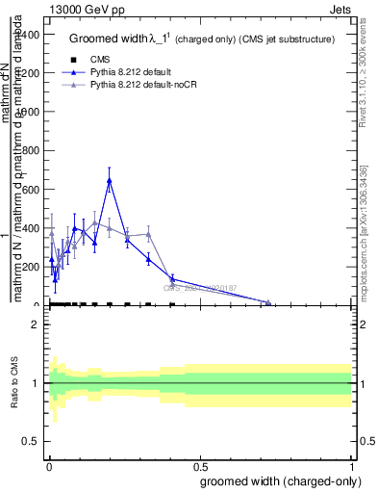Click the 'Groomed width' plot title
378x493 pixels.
[x=113, y=39]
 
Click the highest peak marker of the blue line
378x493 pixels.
[x=110, y=180]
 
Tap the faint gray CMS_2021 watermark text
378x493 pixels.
[x=197, y=287]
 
